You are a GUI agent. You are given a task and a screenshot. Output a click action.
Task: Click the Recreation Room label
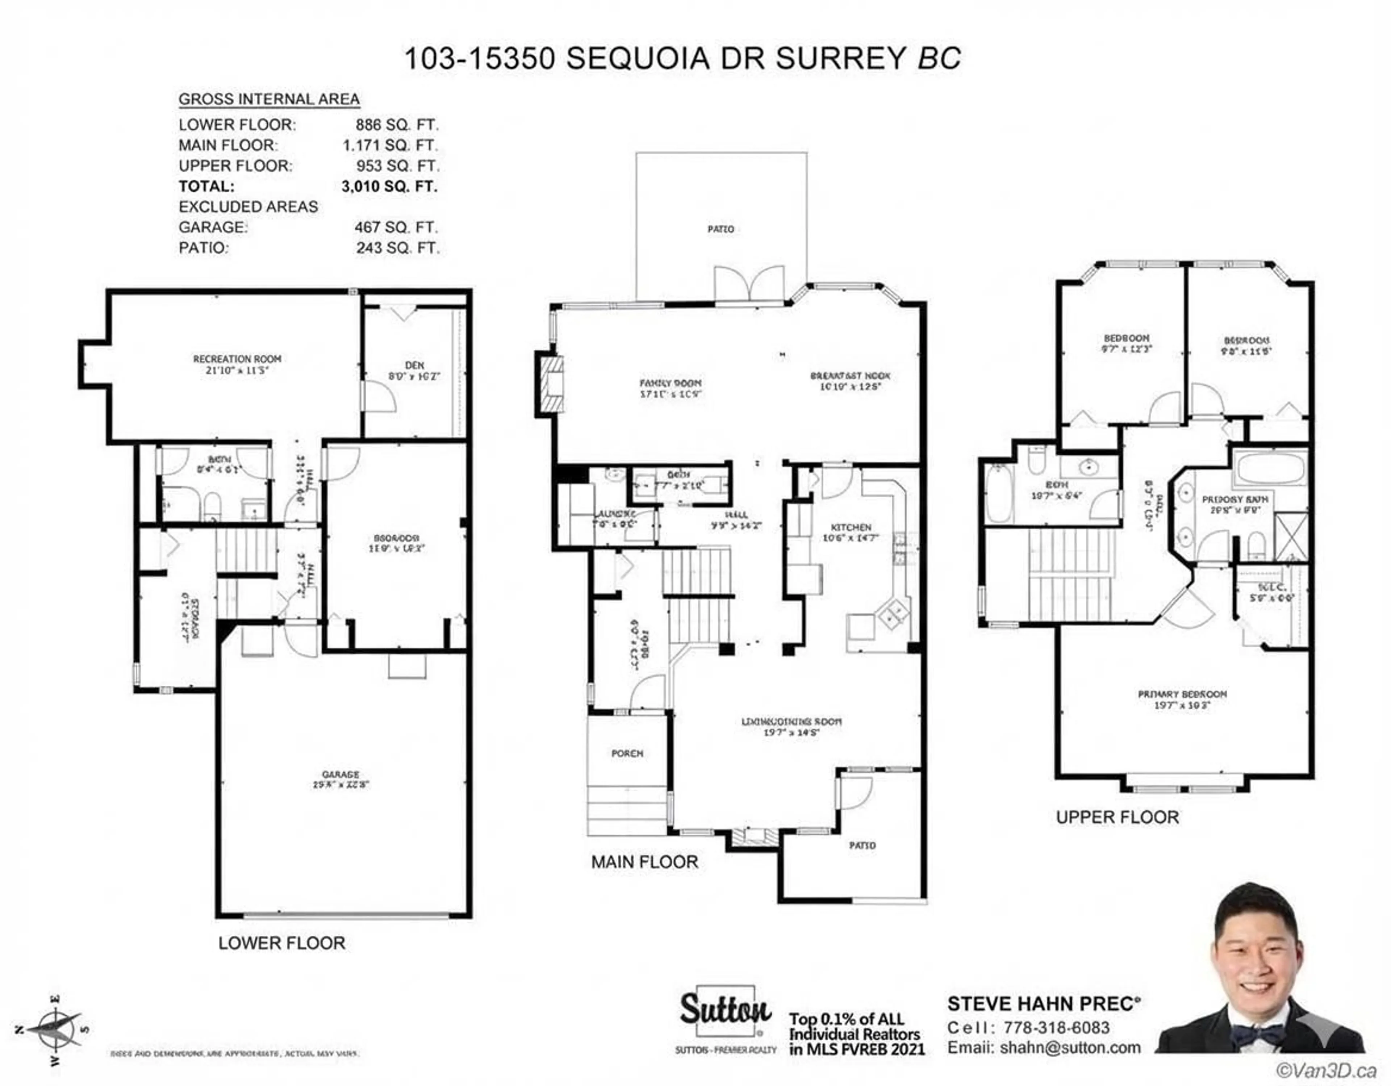tap(237, 359)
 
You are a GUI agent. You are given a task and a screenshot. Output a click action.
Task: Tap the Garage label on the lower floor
tap(340, 774)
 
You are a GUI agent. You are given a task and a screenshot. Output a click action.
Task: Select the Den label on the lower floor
tap(414, 365)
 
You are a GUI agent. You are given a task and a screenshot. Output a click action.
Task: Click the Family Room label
tap(670, 384)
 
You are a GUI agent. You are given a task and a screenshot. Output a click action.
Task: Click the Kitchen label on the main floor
tap(851, 527)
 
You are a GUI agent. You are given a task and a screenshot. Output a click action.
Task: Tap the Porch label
tap(627, 753)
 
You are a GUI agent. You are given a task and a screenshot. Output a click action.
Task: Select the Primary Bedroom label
tap(1182, 694)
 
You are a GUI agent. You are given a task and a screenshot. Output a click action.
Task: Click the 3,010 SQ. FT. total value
tap(389, 187)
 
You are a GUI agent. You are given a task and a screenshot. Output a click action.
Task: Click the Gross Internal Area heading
tap(269, 99)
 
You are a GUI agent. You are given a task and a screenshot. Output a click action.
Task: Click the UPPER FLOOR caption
tap(1117, 817)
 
